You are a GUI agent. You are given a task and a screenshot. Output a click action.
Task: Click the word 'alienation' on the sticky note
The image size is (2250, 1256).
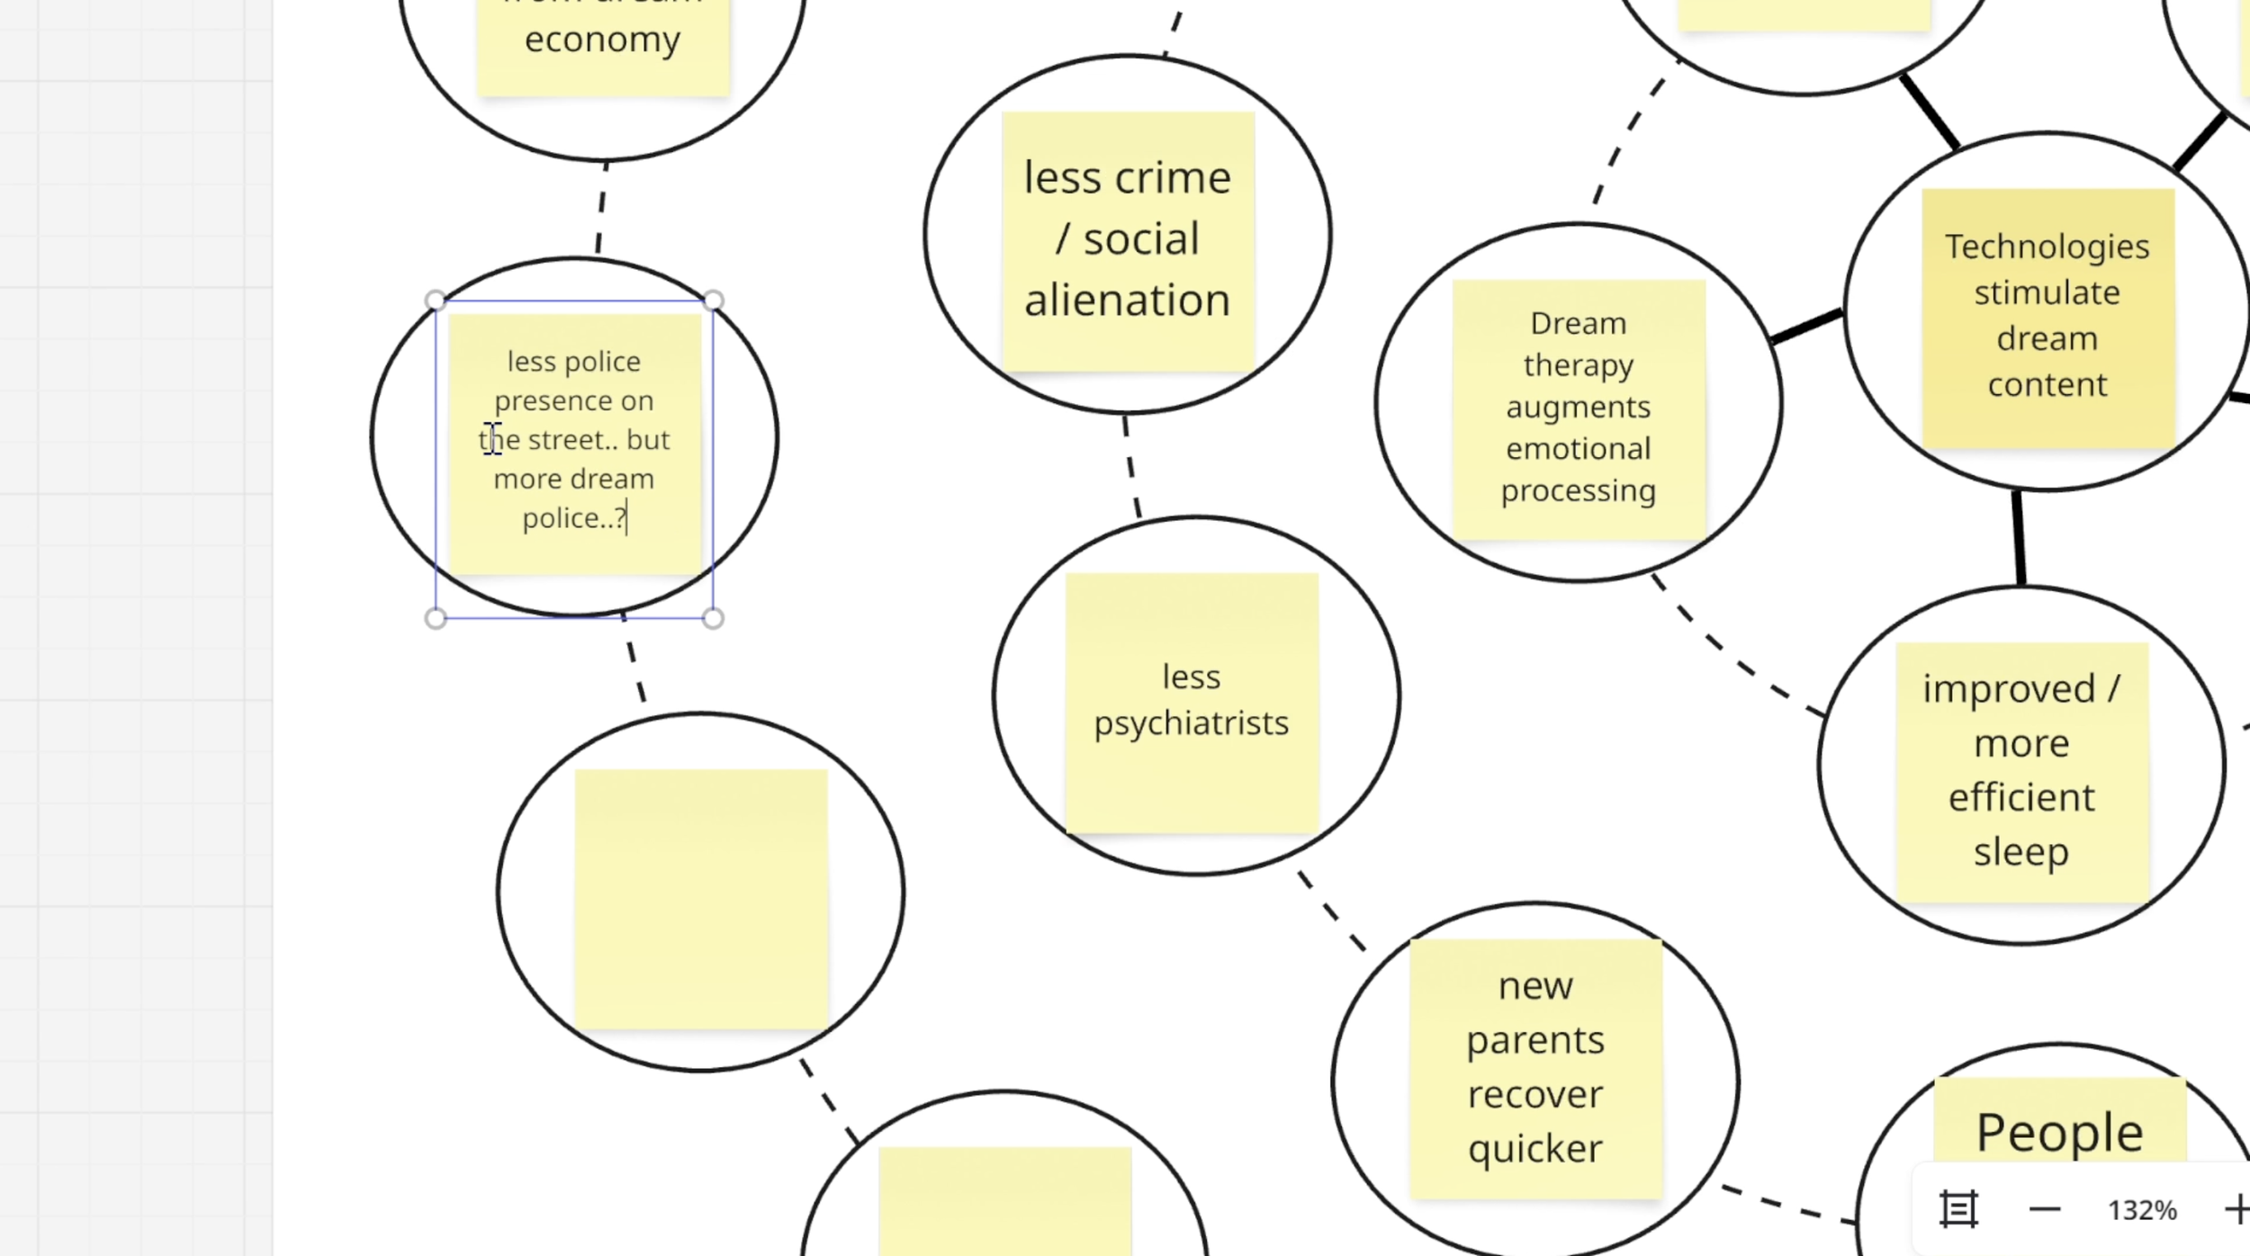click(x=1127, y=301)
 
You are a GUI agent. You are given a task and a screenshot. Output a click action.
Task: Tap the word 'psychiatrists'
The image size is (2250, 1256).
click(x=1191, y=723)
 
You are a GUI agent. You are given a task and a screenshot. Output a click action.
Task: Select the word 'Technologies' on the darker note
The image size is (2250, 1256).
click(x=2047, y=247)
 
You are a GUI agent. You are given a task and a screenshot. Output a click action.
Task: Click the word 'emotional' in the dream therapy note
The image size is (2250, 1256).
click(x=1578, y=448)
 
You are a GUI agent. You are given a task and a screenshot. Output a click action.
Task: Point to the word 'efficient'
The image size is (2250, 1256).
click(x=2021, y=798)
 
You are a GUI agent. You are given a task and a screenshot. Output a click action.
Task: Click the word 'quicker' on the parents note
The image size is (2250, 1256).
click(x=1535, y=1149)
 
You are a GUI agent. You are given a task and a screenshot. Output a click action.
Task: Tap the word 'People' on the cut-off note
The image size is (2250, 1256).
click(x=2059, y=1132)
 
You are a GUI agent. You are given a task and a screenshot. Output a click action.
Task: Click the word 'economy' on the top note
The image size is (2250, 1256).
click(x=602, y=40)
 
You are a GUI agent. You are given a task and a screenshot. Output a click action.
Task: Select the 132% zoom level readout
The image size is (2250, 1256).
click(x=2141, y=1210)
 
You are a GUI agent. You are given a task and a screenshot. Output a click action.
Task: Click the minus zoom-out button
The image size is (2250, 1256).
click(x=2045, y=1209)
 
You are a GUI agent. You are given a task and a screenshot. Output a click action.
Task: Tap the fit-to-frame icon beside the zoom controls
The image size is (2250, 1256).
click(x=1958, y=1209)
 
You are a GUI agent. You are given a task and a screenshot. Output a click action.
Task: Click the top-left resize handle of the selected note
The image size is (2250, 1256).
click(x=436, y=300)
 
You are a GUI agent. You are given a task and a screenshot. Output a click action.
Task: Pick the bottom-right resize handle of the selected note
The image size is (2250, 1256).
click(x=713, y=618)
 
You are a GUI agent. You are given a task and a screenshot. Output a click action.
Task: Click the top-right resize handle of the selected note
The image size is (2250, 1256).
click(x=713, y=300)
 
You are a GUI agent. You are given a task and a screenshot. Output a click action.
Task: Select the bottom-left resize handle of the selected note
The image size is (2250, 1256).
click(x=436, y=618)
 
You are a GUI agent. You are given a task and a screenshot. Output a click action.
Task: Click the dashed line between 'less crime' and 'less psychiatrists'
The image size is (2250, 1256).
click(x=1131, y=465)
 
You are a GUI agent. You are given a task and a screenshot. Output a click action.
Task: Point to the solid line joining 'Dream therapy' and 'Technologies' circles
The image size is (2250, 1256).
click(x=1805, y=326)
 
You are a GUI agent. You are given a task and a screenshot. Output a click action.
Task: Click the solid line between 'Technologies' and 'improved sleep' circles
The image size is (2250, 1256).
click(x=2019, y=538)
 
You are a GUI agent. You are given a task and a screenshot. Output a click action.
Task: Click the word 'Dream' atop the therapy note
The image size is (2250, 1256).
click(x=1578, y=323)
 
